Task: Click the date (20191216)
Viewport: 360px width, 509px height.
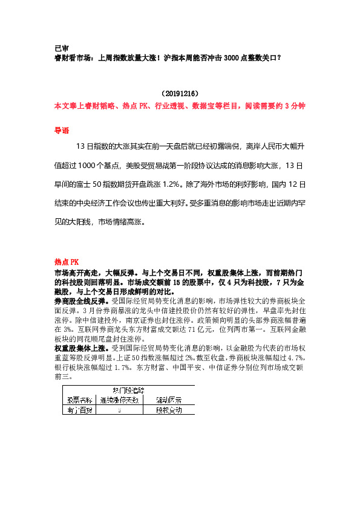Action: (180, 94)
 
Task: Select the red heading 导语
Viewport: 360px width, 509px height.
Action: (62, 130)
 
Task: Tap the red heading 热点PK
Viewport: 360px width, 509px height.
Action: (67, 262)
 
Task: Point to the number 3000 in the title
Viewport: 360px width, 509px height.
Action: (231, 58)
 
